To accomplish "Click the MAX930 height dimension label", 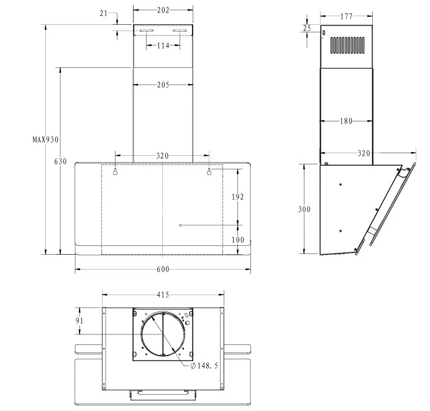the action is [45, 139].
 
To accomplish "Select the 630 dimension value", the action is [60, 161].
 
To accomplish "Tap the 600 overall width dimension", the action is [163, 269].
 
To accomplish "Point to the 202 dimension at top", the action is [163, 10].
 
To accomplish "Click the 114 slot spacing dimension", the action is [163, 45].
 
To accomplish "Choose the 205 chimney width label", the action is [163, 85].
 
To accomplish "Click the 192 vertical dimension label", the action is [237, 197].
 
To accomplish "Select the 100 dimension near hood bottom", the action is [237, 240].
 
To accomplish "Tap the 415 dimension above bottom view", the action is [163, 295].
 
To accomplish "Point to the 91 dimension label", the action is [80, 321].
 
